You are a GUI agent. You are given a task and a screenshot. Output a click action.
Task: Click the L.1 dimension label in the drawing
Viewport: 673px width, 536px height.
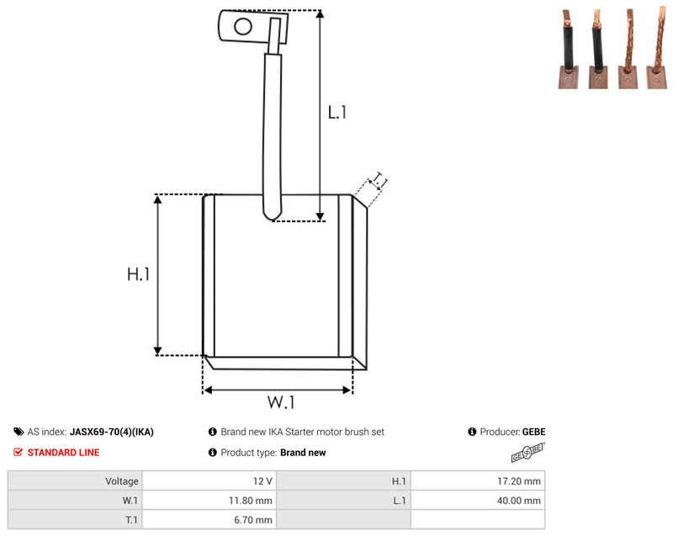[x=337, y=113]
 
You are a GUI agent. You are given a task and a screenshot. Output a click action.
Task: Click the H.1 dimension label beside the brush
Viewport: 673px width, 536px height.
[x=138, y=274]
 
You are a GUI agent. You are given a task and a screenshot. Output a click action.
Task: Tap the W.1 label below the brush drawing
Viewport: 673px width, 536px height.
[x=281, y=402]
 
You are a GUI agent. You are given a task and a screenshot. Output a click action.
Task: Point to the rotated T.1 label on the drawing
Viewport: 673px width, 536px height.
[x=379, y=181]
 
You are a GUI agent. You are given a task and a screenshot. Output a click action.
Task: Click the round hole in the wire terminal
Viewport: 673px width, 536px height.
[x=243, y=27]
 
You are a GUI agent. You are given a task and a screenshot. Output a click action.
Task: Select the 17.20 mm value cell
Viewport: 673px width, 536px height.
[x=477, y=481]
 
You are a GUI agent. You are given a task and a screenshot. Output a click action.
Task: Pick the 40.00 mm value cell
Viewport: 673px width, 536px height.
[x=477, y=501]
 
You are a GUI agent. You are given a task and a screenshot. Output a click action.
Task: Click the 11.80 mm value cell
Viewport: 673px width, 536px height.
[x=209, y=501]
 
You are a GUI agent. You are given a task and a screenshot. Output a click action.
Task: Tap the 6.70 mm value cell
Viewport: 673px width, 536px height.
[x=209, y=520]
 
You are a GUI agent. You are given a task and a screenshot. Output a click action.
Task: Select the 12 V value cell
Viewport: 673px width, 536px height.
[x=209, y=481]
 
